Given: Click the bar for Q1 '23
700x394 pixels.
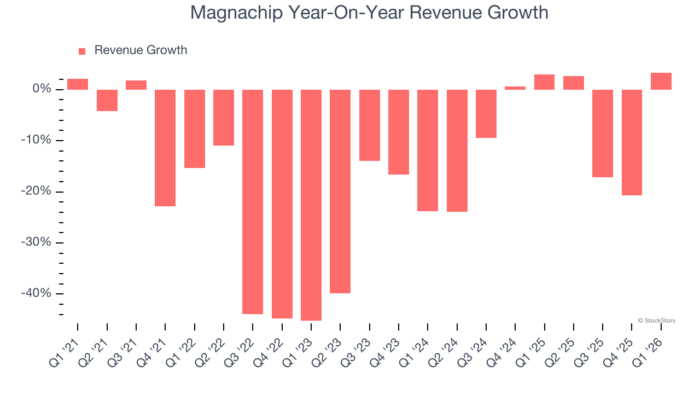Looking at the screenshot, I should [x=311, y=205].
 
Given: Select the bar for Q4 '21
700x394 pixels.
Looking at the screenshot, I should [x=165, y=148].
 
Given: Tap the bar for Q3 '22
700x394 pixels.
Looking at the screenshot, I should [x=253, y=201].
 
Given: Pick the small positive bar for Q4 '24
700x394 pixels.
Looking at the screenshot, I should [x=515, y=88].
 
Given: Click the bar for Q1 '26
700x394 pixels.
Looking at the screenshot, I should [x=661, y=81].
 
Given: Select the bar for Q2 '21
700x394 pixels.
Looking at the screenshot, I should [x=107, y=100].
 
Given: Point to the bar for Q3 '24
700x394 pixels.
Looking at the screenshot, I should [x=486, y=113].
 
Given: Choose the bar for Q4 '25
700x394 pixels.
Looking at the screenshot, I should [x=632, y=142].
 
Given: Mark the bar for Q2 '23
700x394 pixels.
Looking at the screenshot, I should [x=340, y=191].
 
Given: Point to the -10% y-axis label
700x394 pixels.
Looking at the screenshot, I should [x=36, y=140].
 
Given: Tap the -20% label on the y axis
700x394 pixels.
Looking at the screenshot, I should [x=36, y=192].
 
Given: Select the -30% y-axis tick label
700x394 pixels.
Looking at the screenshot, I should [x=36, y=242].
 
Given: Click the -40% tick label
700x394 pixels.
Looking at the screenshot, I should [x=36, y=293].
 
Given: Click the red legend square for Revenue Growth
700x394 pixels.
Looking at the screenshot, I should [x=82, y=51].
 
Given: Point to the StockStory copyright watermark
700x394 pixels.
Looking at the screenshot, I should [x=656, y=321].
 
